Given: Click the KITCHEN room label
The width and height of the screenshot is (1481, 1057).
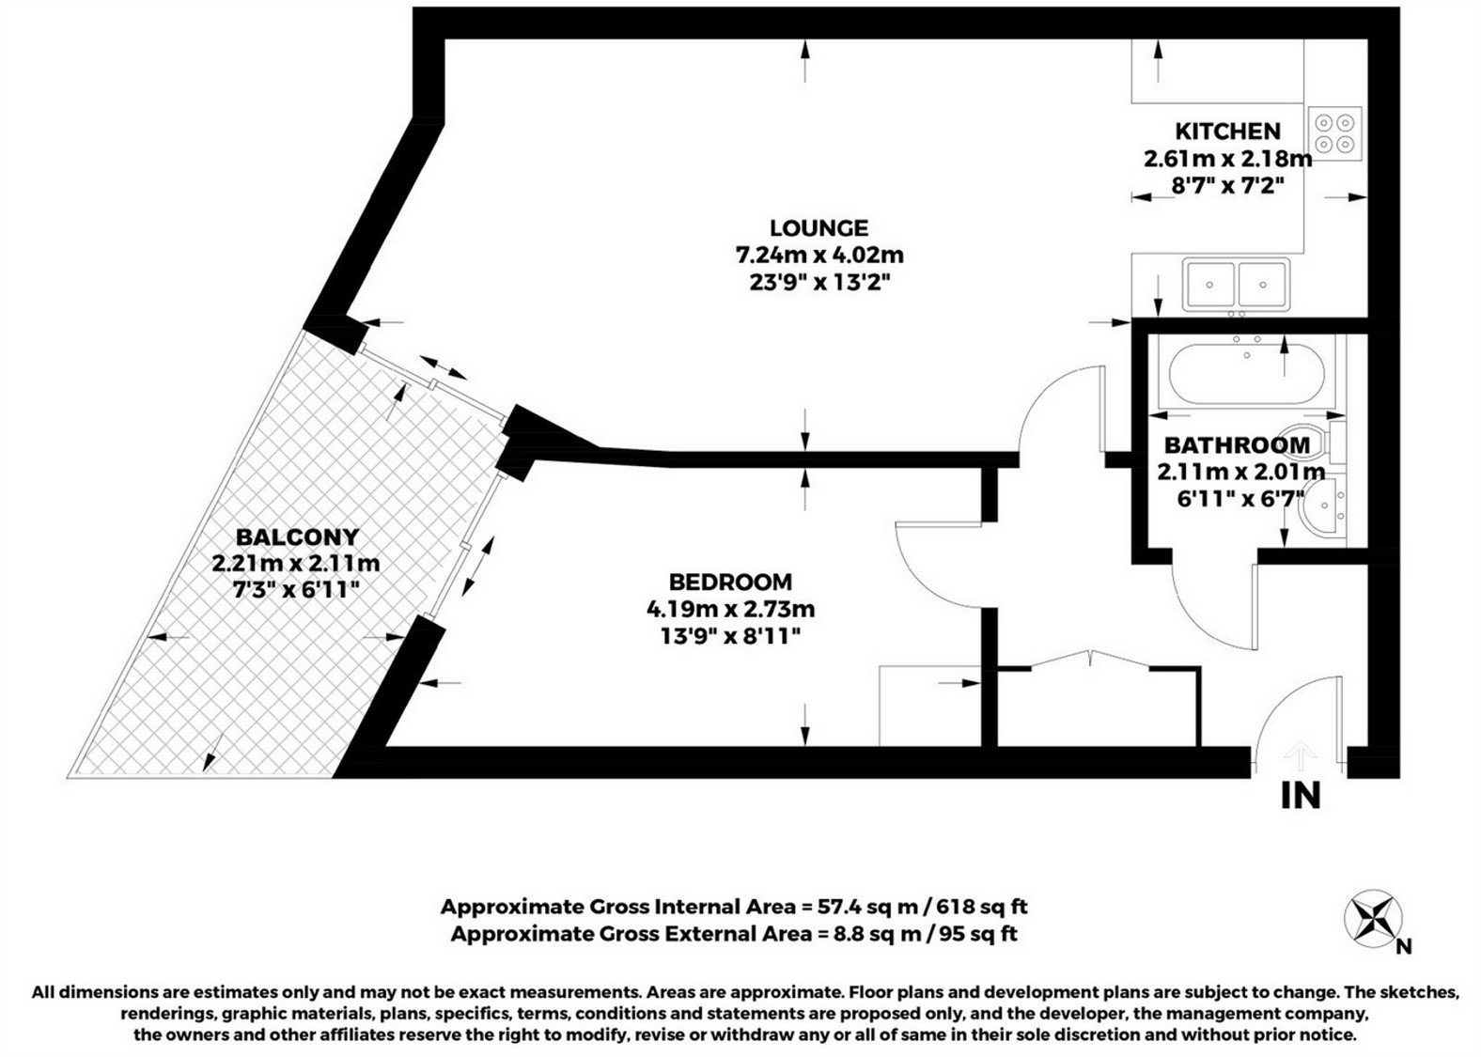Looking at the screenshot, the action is [x=1228, y=132].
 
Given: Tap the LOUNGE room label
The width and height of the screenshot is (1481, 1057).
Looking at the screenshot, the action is [x=819, y=228].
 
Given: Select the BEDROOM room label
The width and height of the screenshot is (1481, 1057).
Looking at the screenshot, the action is [x=730, y=582].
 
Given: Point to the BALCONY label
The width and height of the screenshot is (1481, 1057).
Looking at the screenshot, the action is [x=298, y=536].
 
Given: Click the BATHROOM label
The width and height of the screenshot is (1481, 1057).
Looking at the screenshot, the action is [x=1237, y=445].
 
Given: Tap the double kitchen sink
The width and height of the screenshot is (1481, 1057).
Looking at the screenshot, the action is [x=1237, y=285].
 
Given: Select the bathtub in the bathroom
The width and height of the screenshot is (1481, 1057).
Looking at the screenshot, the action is [x=1247, y=374].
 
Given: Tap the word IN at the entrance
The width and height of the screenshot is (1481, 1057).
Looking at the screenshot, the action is [x=1301, y=796].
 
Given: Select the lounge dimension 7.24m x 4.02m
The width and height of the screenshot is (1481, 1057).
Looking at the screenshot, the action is [x=819, y=255].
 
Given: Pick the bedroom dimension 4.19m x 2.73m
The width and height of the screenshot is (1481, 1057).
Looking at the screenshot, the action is [x=730, y=609].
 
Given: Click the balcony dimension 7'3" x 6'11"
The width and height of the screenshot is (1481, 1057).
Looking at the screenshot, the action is [x=296, y=590].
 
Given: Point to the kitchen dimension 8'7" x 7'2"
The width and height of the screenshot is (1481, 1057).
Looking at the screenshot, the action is [x=1228, y=186].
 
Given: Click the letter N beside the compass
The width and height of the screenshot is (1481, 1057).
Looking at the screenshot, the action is [x=1404, y=947].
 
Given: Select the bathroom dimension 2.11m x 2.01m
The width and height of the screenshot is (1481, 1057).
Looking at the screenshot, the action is [x=1241, y=472].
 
